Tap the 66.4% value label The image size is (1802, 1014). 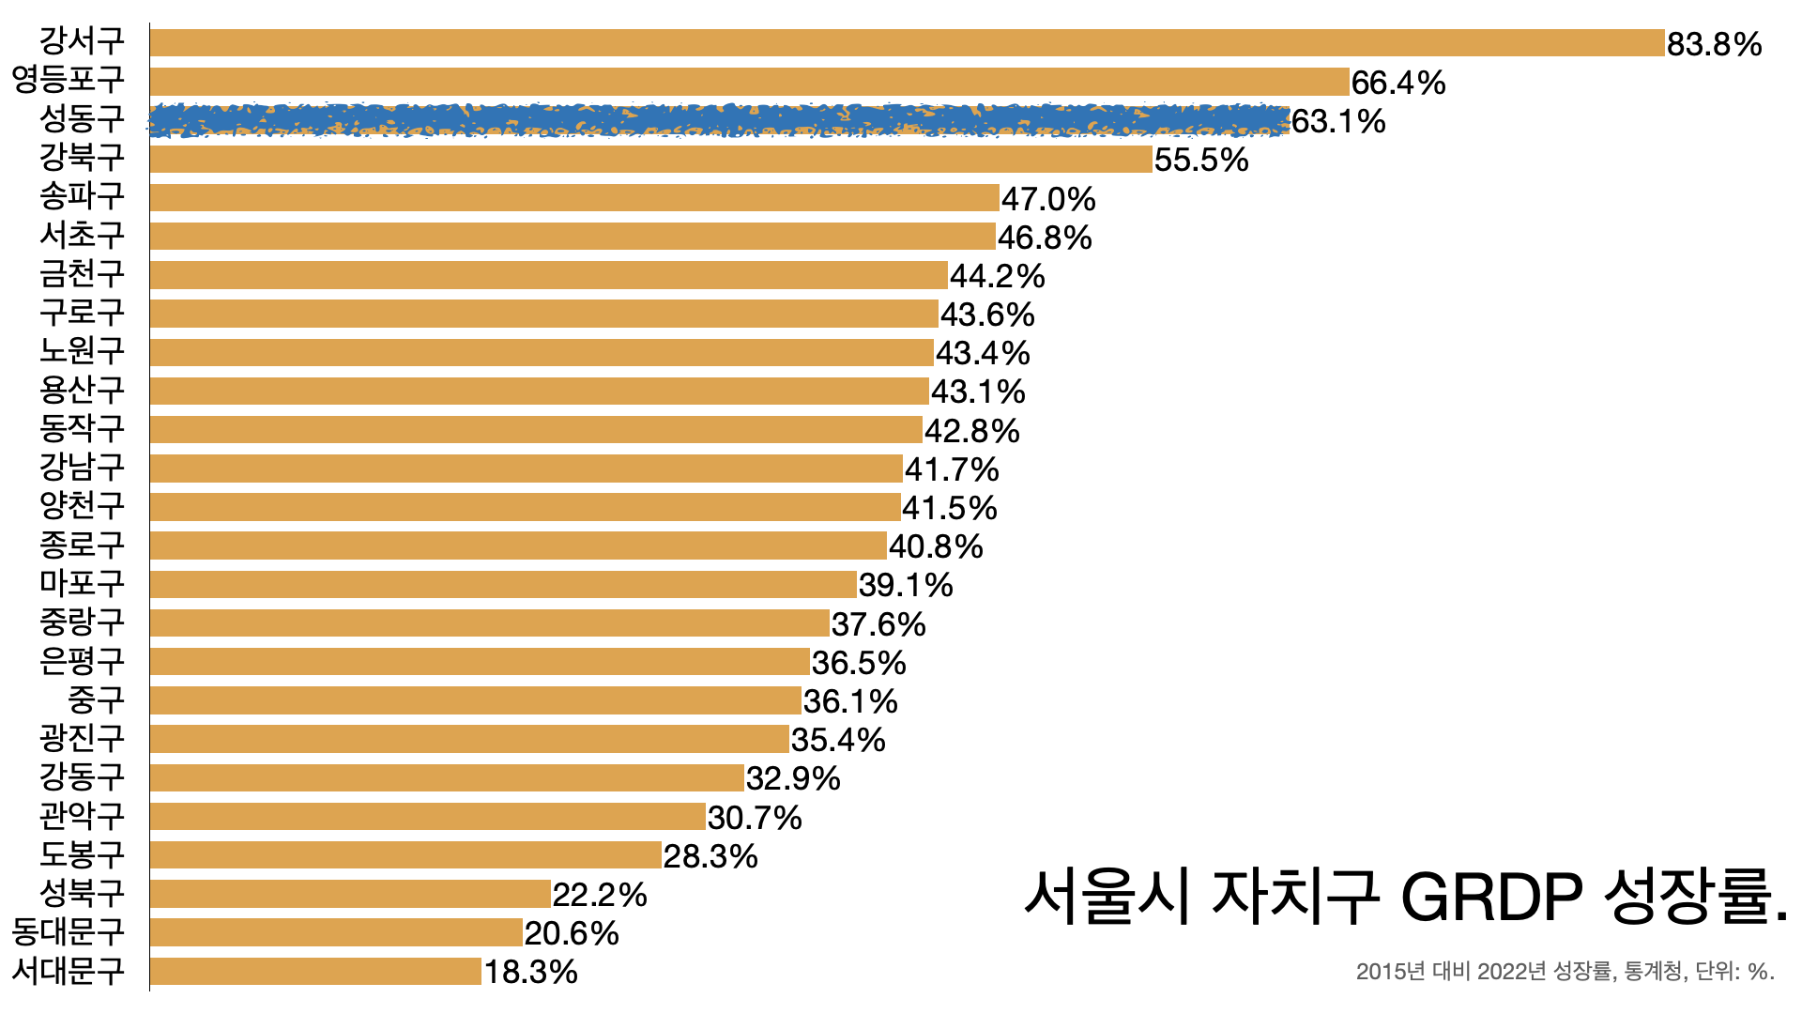[1397, 83]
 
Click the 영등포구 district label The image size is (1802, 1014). [68, 79]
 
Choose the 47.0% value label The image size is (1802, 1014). [1047, 199]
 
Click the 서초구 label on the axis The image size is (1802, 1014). [82, 235]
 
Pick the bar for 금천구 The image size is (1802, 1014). [548, 275]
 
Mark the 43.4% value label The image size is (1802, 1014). [982, 353]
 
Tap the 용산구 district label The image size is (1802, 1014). [82, 390]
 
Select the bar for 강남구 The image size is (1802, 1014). [526, 469]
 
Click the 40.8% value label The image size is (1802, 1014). [935, 546]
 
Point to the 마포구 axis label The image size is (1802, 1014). [82, 583]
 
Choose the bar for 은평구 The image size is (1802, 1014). [480, 662]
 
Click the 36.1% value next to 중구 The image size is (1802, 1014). [849, 701]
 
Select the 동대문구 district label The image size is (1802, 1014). [68, 931]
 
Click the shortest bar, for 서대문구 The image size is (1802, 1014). [315, 972]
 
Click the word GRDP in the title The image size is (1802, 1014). [1491, 897]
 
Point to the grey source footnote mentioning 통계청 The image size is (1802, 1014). [1565, 972]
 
